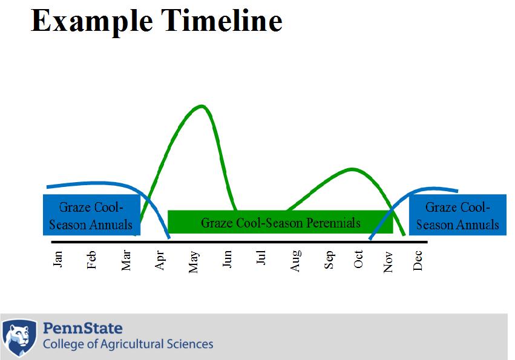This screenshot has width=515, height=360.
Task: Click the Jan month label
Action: (x=58, y=259)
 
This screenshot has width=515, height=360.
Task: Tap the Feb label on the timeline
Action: (x=91, y=260)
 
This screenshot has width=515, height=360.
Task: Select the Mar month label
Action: (x=126, y=261)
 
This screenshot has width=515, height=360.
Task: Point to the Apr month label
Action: (x=160, y=261)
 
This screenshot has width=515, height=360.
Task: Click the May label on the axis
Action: (x=194, y=262)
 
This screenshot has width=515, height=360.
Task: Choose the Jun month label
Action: (x=227, y=259)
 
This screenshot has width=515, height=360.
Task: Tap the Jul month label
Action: (x=260, y=258)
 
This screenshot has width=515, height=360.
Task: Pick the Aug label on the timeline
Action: (x=295, y=261)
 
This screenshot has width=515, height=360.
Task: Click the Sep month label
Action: (x=329, y=260)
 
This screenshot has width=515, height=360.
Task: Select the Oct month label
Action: (x=358, y=259)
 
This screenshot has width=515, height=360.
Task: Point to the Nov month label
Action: (x=389, y=262)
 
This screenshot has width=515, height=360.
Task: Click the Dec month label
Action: (x=418, y=261)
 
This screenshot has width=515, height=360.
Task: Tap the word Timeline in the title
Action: (x=221, y=21)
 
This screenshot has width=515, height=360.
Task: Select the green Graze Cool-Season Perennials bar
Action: (x=280, y=221)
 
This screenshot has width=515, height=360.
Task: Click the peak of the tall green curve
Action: (x=202, y=106)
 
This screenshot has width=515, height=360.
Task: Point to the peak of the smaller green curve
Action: (x=352, y=169)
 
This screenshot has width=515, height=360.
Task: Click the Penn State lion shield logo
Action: (x=19, y=338)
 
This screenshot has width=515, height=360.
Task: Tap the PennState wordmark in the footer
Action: (x=83, y=328)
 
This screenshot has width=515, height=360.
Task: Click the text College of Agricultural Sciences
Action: (x=128, y=344)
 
